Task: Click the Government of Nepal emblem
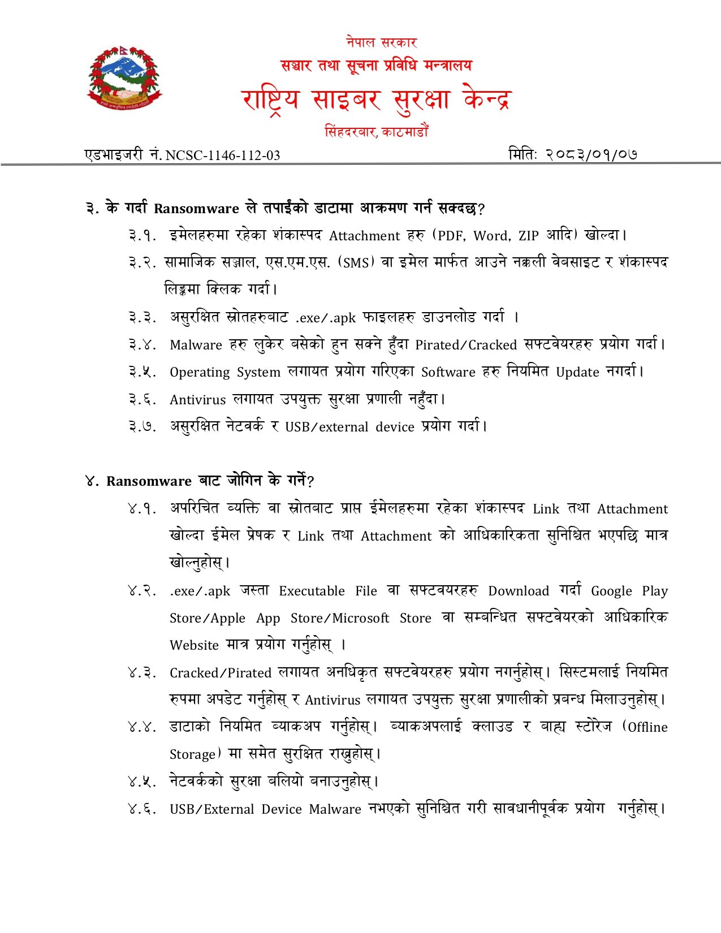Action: coord(124,78)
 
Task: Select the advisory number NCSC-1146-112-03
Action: coord(223,155)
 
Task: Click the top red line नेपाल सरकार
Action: coord(382,42)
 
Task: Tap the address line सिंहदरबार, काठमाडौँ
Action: coord(376,132)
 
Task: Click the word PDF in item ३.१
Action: coord(451,236)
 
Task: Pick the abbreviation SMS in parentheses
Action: coord(356,263)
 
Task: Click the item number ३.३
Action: coord(142,318)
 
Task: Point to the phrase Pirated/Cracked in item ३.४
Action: coord(466,345)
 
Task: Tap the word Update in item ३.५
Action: coord(577,373)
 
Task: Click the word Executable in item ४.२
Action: coord(312,591)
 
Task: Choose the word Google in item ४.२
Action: coord(610,591)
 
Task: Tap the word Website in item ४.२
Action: coord(194,646)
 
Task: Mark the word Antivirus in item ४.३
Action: coord(333,701)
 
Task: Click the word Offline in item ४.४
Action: coord(647,728)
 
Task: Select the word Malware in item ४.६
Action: coord(335,810)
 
